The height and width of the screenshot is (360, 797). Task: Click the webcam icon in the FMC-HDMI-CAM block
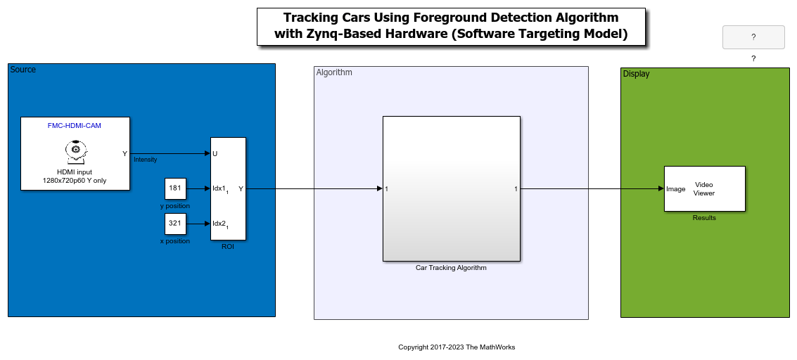(75, 152)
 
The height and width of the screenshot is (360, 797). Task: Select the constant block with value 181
(175, 188)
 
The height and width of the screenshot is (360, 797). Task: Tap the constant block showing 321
(175, 224)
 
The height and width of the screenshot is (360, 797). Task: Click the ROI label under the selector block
(228, 247)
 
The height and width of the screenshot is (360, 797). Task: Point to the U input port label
(215, 153)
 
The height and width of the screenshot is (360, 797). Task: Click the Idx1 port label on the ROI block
(220, 189)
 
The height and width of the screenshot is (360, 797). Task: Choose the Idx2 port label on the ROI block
(220, 224)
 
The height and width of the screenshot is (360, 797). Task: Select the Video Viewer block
(704, 188)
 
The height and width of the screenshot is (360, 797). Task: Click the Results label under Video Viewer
(704, 218)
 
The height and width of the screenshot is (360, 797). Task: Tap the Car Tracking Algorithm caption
(451, 268)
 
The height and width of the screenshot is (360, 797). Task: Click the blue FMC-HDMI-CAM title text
(74, 125)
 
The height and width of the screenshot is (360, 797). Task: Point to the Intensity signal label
(146, 160)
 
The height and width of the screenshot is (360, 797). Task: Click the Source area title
(23, 70)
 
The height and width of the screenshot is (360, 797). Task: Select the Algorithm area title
(334, 72)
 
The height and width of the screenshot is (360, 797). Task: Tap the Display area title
(637, 74)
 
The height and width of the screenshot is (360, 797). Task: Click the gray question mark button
(753, 37)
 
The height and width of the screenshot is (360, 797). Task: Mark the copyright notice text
(457, 347)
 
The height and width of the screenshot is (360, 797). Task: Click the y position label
(175, 206)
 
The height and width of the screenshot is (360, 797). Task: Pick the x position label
(175, 241)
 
